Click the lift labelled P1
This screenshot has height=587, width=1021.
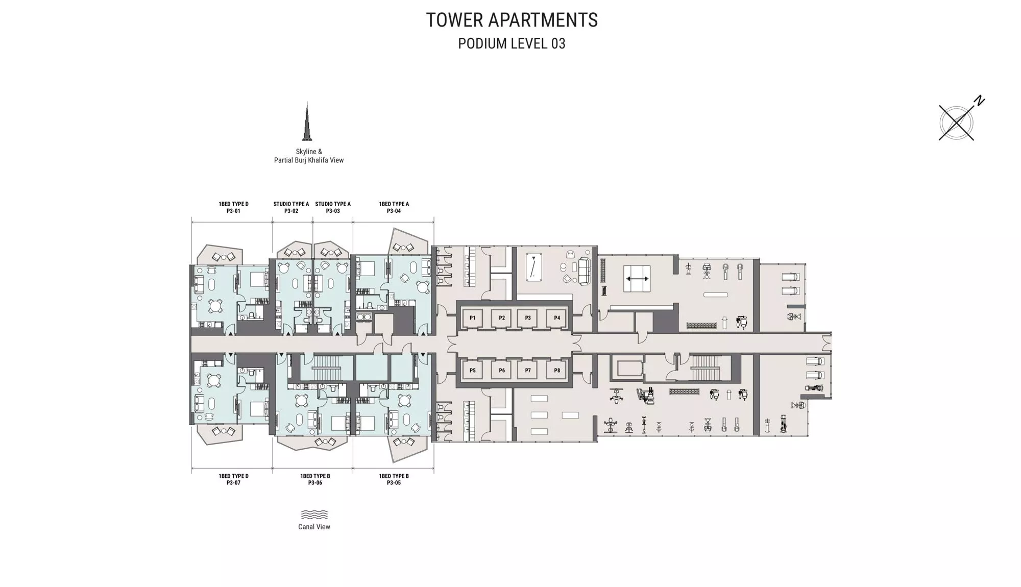[x=473, y=318]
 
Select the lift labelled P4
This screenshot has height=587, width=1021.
[x=557, y=318]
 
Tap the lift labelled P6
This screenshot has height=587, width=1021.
[x=502, y=371]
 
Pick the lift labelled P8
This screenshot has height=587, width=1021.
[x=557, y=371]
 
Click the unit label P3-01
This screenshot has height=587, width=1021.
[x=233, y=211]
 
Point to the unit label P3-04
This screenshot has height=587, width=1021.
[x=394, y=211]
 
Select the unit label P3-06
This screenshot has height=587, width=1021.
[x=315, y=483]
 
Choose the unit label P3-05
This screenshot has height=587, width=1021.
[x=394, y=483]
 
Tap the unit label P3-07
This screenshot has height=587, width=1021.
[x=233, y=483]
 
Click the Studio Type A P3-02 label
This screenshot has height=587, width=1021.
[x=291, y=207]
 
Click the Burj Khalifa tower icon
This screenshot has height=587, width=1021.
[x=307, y=121]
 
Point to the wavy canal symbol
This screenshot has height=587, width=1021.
[x=314, y=515]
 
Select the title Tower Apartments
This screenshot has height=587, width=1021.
[x=512, y=20]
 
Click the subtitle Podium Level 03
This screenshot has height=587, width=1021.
[x=512, y=44]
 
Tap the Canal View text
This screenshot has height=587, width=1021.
[x=314, y=527]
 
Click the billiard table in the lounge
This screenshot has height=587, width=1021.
[x=534, y=267]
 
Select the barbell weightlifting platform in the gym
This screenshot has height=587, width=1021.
[x=637, y=279]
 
